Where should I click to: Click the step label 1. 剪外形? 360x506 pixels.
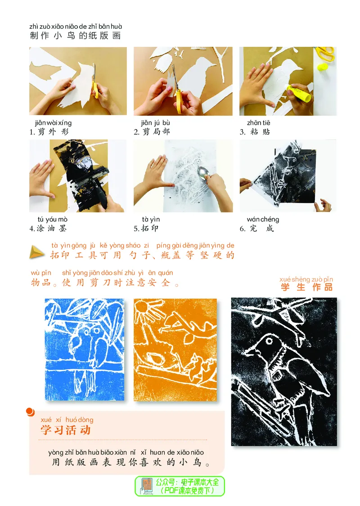click(49, 132)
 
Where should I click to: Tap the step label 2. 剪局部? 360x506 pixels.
click(152, 132)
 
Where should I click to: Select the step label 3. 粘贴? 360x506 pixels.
click(255, 132)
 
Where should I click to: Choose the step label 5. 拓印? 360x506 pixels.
click(146, 228)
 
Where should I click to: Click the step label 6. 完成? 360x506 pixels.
click(256, 228)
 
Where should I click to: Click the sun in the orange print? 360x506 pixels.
click(147, 309)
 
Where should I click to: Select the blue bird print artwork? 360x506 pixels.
click(84, 349)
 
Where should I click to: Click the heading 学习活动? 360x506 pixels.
click(66, 430)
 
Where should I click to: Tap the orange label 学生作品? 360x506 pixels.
click(306, 287)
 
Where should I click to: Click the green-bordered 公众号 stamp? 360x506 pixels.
click(180, 486)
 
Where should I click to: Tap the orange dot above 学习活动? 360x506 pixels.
click(30, 411)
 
